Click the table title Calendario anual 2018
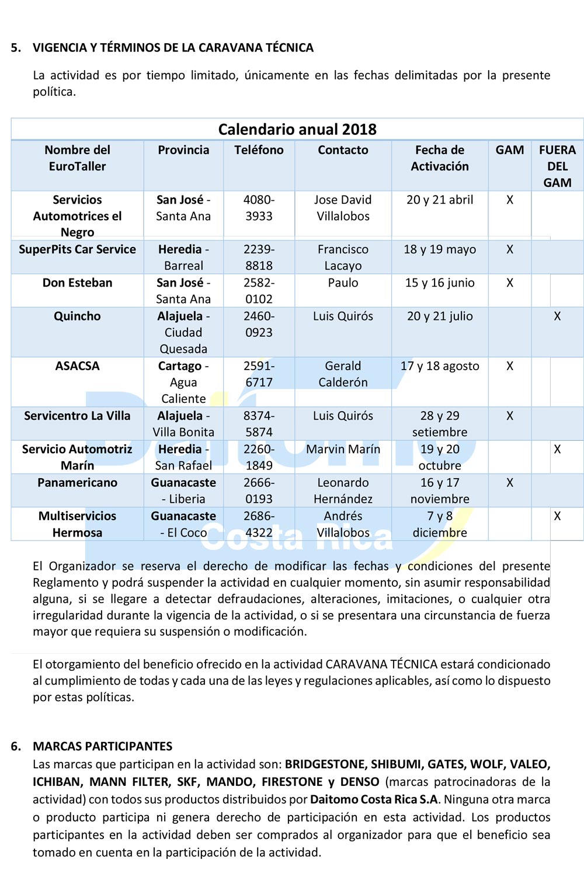tap(297, 129)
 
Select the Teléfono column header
tap(259, 150)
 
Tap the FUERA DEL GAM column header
tap(557, 166)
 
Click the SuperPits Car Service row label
tap(77, 249)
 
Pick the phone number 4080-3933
tap(259, 208)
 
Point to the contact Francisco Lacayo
tap(343, 257)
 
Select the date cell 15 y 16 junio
tap(440, 283)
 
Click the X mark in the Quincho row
tap(557, 316)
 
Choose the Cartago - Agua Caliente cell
tap(183, 382)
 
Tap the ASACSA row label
tap(77, 366)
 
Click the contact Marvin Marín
tap(343, 449)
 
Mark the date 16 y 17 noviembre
tap(440, 490)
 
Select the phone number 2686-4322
tap(259, 524)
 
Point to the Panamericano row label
tap(77, 483)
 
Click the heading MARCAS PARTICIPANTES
tap(102, 746)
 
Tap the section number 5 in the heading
tap(16, 48)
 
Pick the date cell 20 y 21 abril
tap(440, 200)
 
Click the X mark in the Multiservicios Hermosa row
tap(557, 516)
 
